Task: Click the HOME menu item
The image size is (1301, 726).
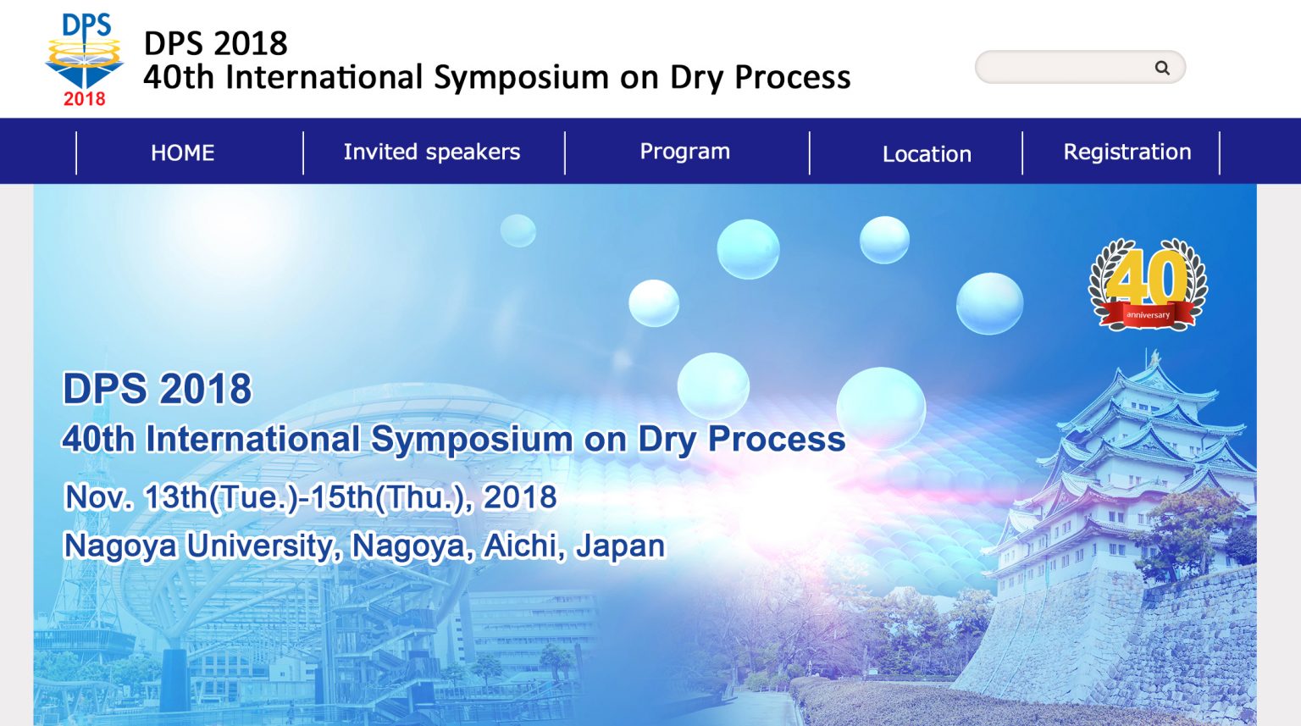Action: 182,152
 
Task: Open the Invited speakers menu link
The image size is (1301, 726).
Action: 431,152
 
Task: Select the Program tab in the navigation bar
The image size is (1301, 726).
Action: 684,151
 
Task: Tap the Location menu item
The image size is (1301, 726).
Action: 927,153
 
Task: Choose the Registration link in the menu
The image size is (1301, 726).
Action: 1127,152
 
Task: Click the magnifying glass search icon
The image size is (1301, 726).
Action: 1162,68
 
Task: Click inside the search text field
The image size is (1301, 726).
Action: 1063,68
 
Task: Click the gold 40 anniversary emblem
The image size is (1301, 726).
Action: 1148,275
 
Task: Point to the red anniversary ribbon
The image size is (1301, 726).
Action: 1148,315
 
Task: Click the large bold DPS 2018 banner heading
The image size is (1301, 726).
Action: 158,389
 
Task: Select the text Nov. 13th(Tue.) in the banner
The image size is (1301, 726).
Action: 181,497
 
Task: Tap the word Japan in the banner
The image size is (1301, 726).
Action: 620,546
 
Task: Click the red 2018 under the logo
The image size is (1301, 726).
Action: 84,99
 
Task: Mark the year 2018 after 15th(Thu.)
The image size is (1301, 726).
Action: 519,497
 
